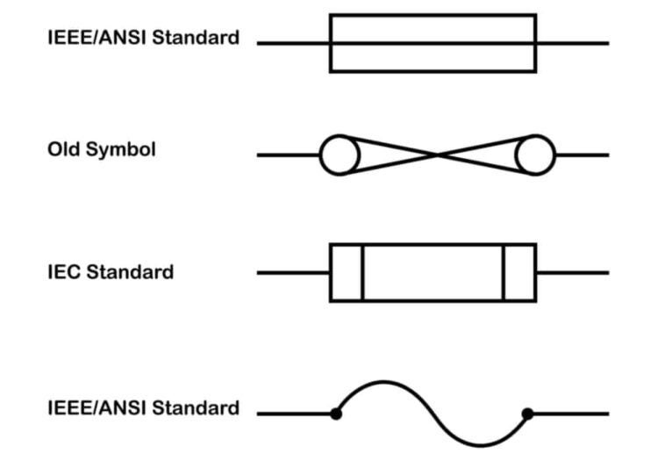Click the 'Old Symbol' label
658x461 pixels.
tap(101, 149)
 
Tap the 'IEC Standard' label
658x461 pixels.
tap(111, 272)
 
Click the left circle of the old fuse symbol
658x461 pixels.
tap(340, 156)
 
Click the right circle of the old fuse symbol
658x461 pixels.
tap(535, 156)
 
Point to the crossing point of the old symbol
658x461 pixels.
tap(437, 155)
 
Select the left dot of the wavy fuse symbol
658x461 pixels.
tap(336, 414)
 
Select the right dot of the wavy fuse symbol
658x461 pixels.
tap(527, 414)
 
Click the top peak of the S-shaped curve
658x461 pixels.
tap(383, 382)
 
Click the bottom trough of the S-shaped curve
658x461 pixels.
tap(481, 444)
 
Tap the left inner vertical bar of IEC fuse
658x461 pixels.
tap(361, 273)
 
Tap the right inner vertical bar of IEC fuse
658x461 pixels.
tap(504, 273)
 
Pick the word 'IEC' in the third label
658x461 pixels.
tap(62, 272)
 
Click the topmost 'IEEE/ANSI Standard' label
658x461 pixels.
tap(143, 38)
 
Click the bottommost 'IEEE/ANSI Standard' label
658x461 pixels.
tap(143, 408)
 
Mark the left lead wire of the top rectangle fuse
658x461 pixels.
tap(293, 43)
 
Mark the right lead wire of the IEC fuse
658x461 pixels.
tap(572, 273)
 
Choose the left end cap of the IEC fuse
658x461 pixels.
tap(346, 273)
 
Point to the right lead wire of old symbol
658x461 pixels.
tap(582, 155)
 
